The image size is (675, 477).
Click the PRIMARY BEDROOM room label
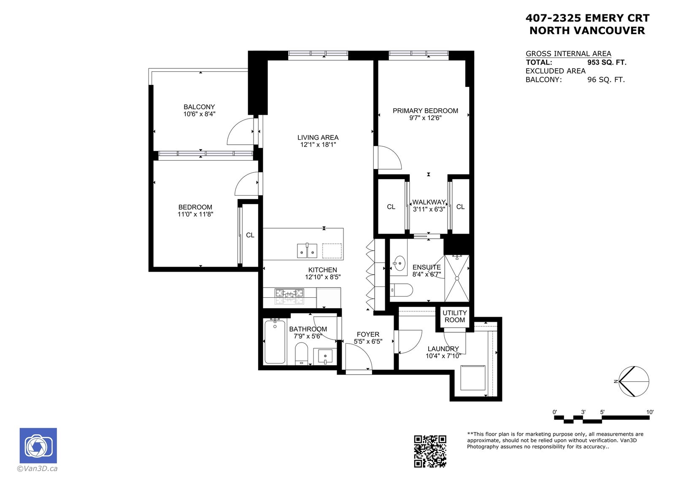(x=425, y=110)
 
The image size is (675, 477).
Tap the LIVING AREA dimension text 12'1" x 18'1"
(x=318, y=145)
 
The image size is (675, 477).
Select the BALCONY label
(x=199, y=107)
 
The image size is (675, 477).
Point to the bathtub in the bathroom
(x=275, y=342)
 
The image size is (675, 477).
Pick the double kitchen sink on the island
(x=307, y=251)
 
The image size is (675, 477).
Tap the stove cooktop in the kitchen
(x=289, y=296)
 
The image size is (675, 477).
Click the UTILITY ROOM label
(x=454, y=316)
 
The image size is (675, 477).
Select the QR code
(x=430, y=451)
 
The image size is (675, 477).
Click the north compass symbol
(x=634, y=381)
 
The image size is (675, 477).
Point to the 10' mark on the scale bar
(x=650, y=412)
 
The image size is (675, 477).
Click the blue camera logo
(x=38, y=445)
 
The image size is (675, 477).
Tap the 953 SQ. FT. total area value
(x=607, y=62)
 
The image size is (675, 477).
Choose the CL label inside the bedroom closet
(x=250, y=235)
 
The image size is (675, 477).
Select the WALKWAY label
(x=429, y=202)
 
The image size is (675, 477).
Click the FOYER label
(x=368, y=334)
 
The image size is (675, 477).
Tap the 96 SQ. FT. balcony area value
(x=606, y=80)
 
